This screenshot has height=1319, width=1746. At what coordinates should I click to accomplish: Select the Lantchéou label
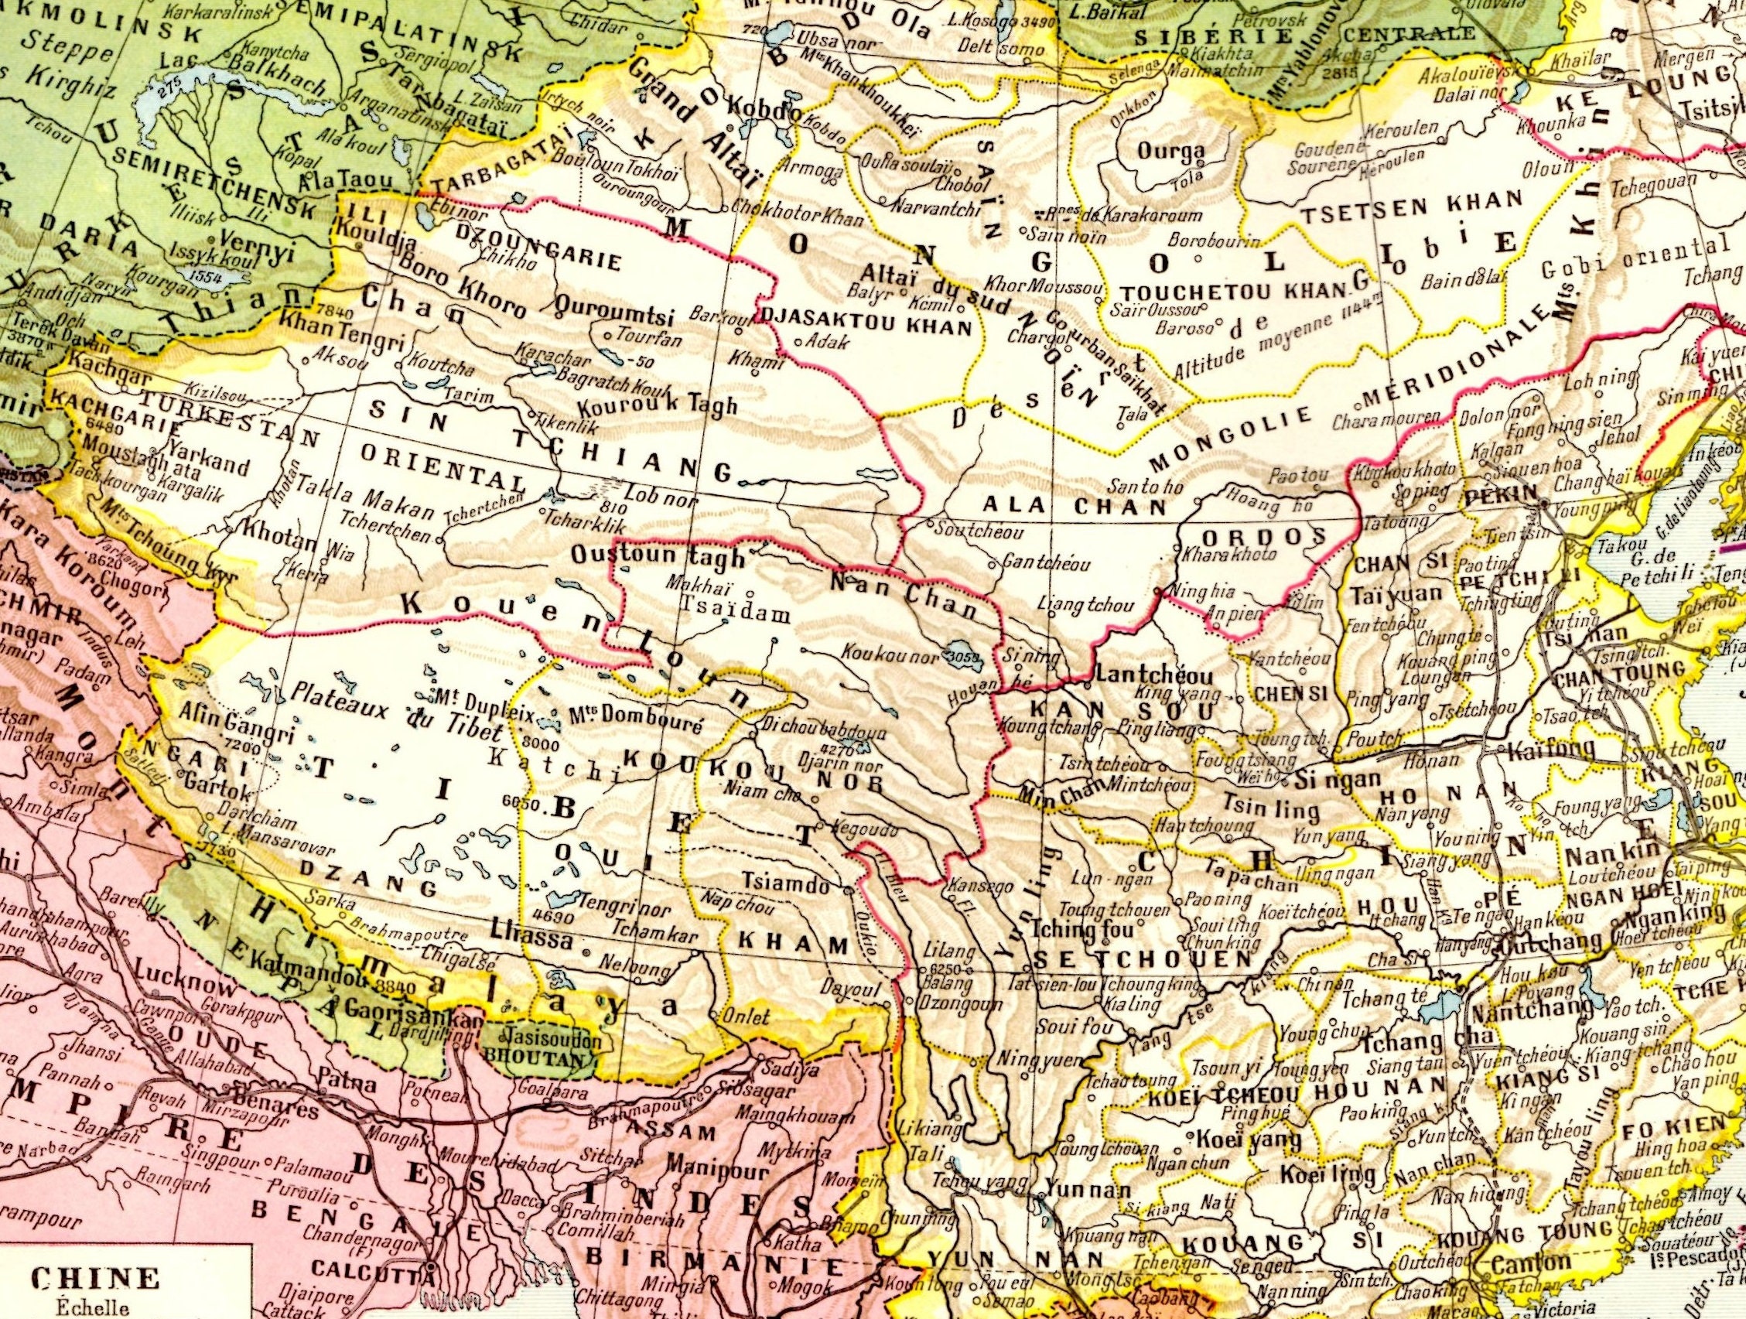click(x=1142, y=676)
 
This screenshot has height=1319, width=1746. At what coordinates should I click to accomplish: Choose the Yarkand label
click(x=193, y=465)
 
